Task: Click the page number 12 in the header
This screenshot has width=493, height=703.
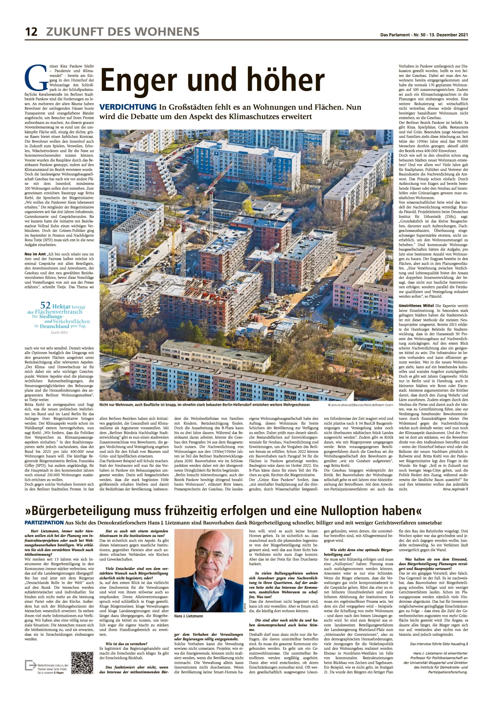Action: pyautogui.click(x=31, y=32)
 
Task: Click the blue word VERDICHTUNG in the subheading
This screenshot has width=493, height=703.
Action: pyautogui.click(x=128, y=107)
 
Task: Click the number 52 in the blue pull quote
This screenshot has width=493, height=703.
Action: pyautogui.click(x=45, y=305)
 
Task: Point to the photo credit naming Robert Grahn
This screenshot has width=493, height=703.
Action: pyautogui.click(x=360, y=405)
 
